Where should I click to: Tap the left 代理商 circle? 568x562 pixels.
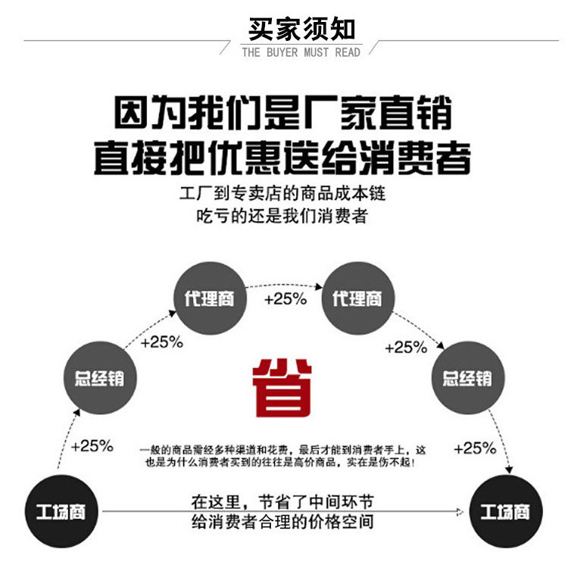(x=209, y=298)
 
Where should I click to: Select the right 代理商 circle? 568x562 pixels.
(x=357, y=298)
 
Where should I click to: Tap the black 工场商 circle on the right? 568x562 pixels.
(x=505, y=513)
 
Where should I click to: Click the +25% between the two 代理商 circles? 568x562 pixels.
(x=285, y=298)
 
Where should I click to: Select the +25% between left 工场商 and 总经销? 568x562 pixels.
(x=92, y=445)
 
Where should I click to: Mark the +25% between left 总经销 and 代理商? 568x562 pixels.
(x=162, y=342)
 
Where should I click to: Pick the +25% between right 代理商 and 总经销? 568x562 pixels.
(x=406, y=348)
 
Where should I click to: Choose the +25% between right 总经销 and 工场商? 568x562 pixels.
(x=475, y=448)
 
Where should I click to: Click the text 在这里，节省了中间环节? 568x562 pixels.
(x=282, y=501)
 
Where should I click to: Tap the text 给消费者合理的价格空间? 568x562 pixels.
(x=282, y=523)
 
